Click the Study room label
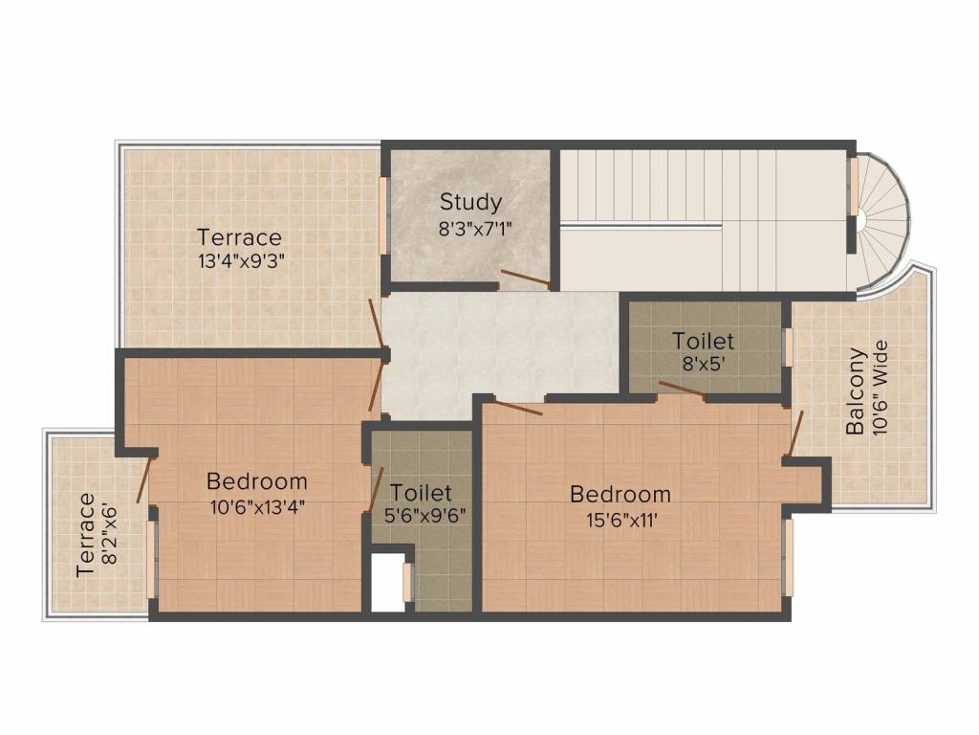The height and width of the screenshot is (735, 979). pyautogui.click(x=470, y=202)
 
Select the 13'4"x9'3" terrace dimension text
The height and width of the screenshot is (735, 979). pyautogui.click(x=239, y=258)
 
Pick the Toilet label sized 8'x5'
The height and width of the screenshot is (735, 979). pyautogui.click(x=703, y=341)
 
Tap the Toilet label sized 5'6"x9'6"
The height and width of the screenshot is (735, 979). pyautogui.click(x=422, y=493)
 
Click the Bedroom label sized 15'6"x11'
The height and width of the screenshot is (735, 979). pyautogui.click(x=620, y=495)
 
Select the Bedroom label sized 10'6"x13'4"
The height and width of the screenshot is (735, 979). pyautogui.click(x=257, y=480)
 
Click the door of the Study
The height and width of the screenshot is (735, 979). pyautogui.click(x=524, y=279)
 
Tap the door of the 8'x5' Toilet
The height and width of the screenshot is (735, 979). pyautogui.click(x=682, y=389)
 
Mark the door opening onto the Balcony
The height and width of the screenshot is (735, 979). pyautogui.click(x=794, y=434)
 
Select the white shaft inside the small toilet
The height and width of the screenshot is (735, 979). pyautogui.click(x=388, y=581)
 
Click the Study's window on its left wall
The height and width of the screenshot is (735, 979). pyautogui.click(x=382, y=215)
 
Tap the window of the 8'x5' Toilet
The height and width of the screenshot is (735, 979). pyautogui.click(x=789, y=346)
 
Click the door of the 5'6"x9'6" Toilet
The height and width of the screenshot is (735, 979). pyautogui.click(x=376, y=489)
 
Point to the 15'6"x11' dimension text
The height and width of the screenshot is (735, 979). pyautogui.click(x=620, y=522)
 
